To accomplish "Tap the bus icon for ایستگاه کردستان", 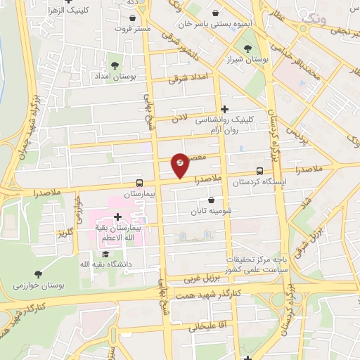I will click(260, 171).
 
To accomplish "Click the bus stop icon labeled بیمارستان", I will click(139, 181).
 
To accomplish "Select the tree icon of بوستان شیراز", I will click(247, 49).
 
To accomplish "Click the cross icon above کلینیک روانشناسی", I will click(224, 109).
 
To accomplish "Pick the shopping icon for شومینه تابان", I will click(210, 200).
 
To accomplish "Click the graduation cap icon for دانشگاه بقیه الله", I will click(105, 254).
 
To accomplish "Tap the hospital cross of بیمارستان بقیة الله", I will click(117, 217).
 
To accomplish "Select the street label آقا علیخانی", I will click(205, 327).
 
